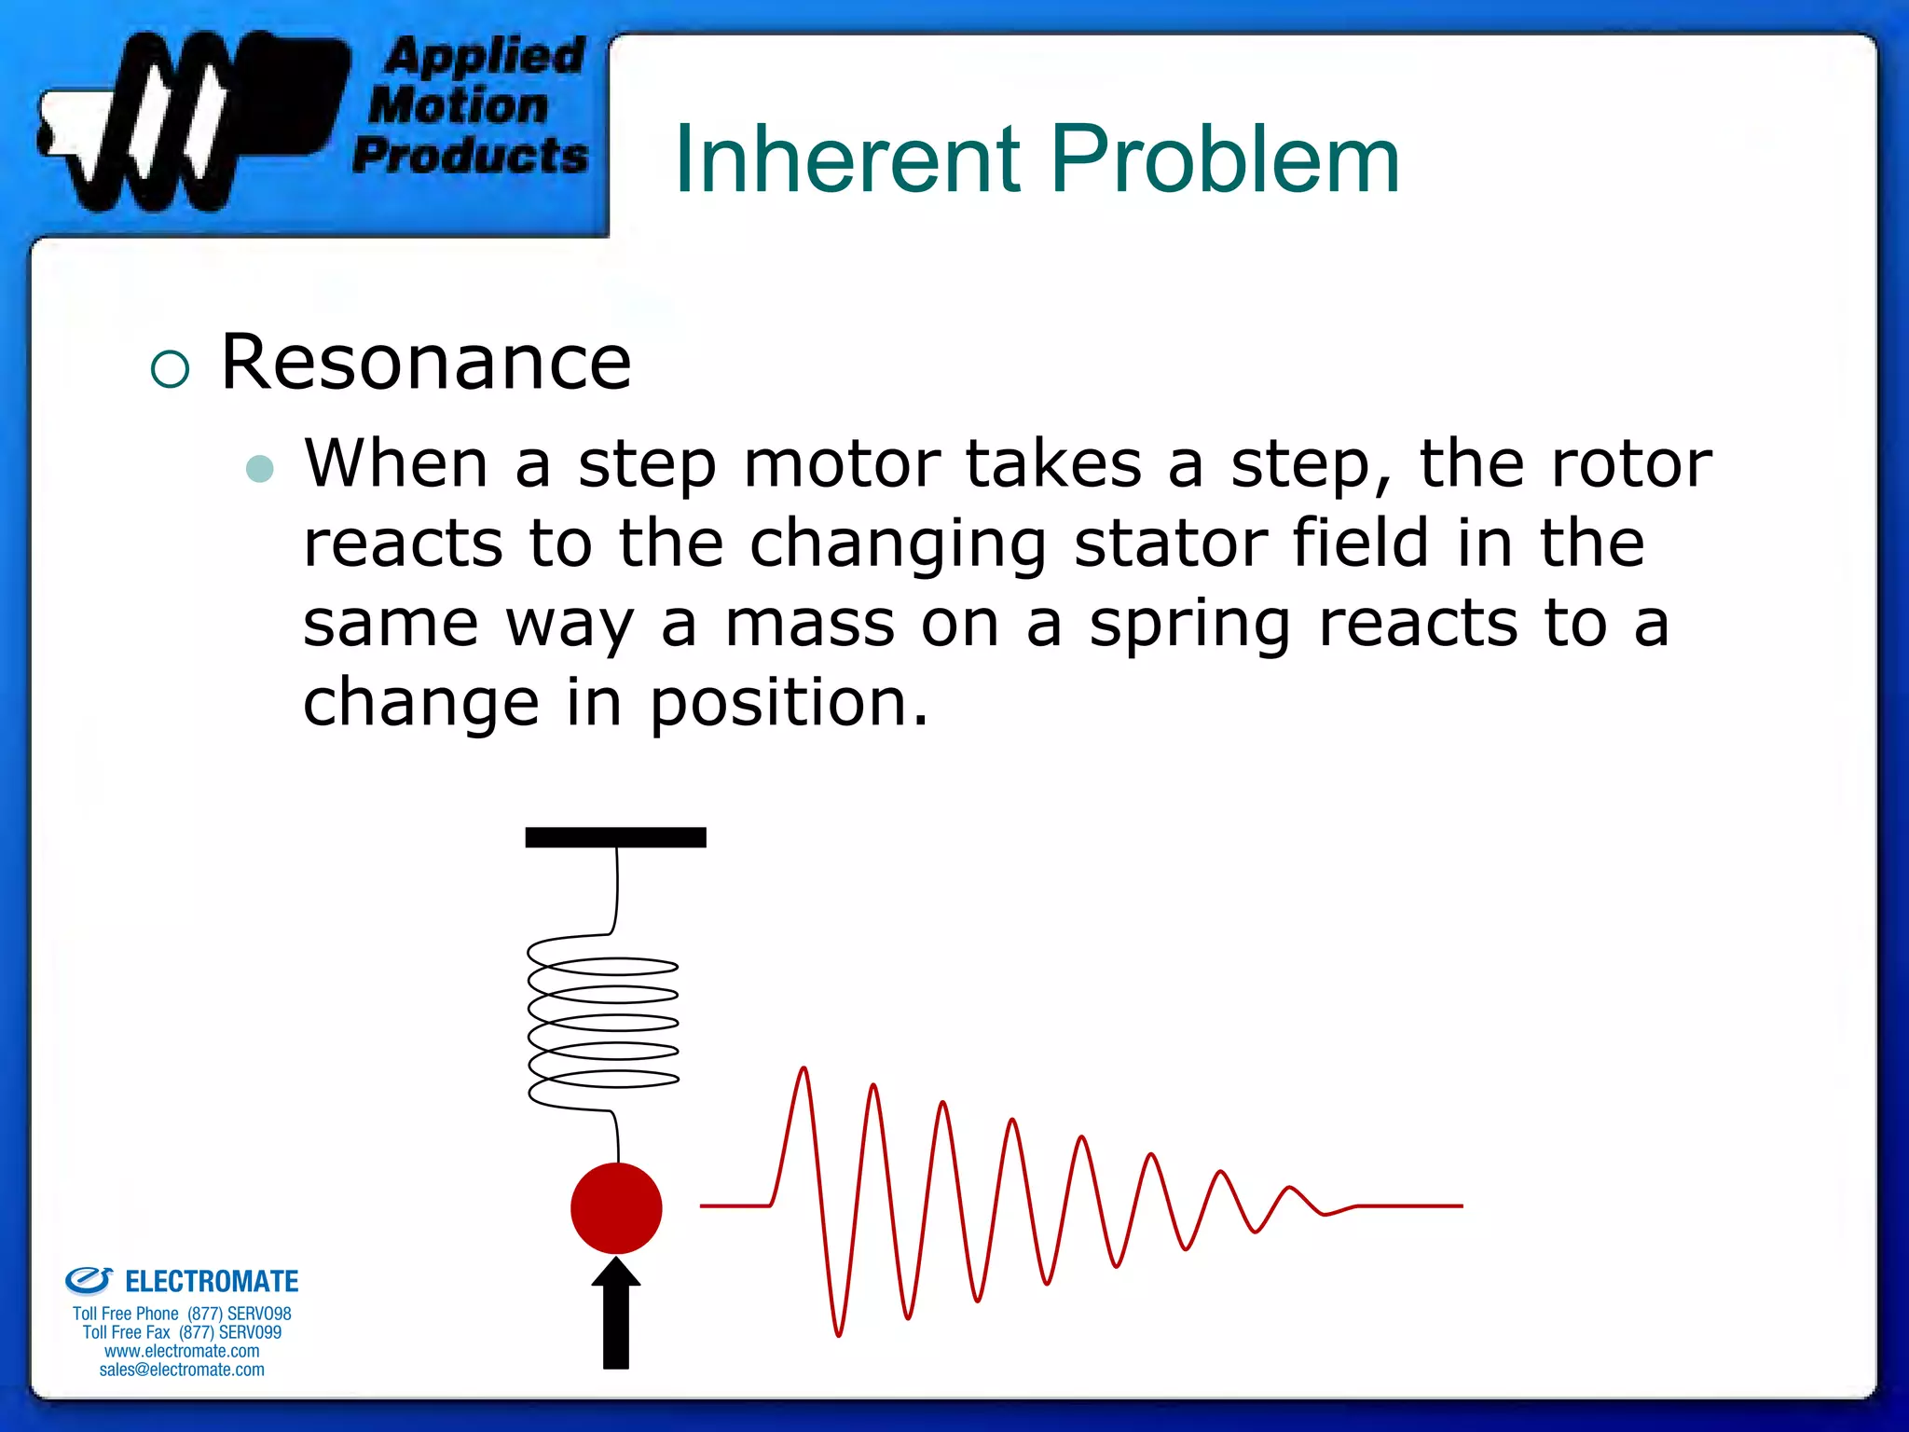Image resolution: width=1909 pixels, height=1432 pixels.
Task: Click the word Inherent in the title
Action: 846,160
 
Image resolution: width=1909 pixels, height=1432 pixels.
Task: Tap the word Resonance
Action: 426,362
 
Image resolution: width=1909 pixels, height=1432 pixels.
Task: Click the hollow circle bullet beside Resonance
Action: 170,369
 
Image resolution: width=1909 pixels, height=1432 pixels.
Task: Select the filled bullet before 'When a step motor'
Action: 260,468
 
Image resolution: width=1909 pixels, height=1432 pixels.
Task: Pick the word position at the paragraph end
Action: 788,704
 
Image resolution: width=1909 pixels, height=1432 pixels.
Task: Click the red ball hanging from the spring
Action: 616,1207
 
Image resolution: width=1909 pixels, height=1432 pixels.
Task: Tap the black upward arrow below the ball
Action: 616,1315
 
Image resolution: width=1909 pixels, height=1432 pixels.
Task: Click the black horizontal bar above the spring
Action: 615,837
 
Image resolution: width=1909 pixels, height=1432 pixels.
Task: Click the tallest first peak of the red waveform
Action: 803,1072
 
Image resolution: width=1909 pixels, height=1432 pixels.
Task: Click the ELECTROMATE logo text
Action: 211,1282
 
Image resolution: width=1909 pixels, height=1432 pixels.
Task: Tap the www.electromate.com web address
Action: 182,1351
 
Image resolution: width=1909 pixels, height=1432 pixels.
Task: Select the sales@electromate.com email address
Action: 182,1370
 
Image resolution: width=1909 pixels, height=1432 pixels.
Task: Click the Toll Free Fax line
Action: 182,1332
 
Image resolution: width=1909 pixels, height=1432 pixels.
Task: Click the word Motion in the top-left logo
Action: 458,105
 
